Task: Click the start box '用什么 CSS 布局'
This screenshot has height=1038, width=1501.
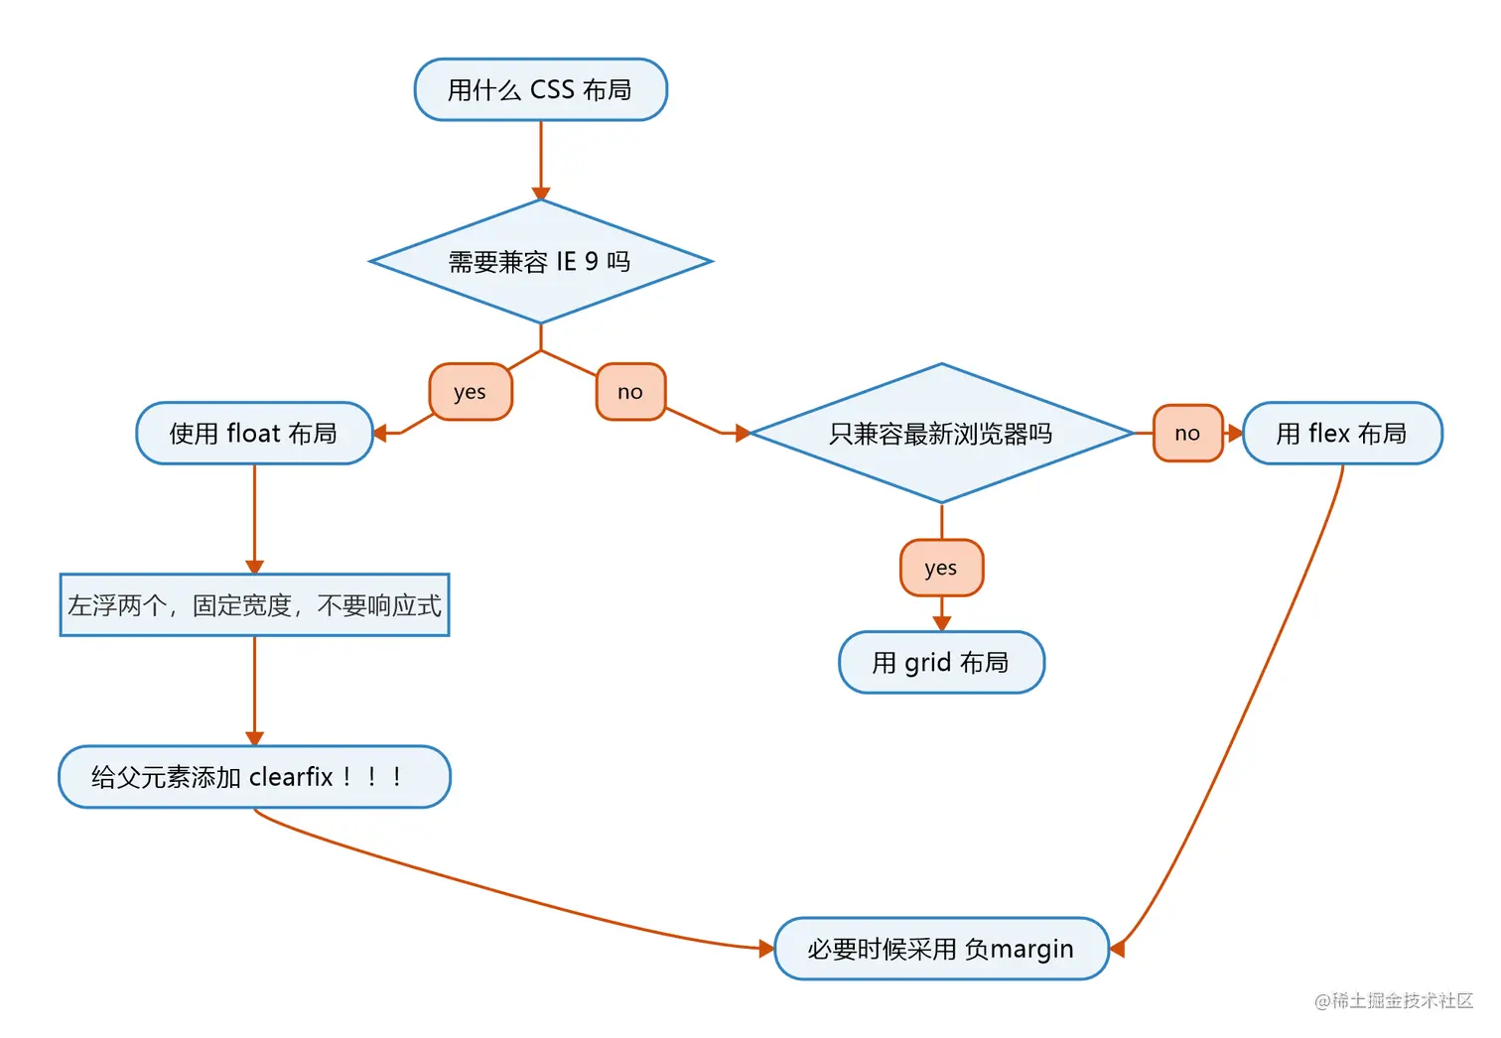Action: click(x=540, y=90)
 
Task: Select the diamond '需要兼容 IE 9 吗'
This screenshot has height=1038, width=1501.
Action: click(x=540, y=262)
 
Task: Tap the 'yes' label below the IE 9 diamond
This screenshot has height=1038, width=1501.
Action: click(x=471, y=392)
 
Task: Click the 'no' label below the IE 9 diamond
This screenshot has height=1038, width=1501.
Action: click(x=630, y=392)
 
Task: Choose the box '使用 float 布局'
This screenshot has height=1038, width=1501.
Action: click(x=254, y=434)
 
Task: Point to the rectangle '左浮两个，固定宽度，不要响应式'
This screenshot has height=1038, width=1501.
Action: click(x=254, y=605)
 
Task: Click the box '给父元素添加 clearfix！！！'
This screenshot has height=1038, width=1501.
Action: click(x=254, y=777)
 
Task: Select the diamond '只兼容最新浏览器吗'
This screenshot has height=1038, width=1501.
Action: click(x=941, y=434)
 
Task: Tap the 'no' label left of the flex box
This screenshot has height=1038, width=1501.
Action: click(x=1187, y=434)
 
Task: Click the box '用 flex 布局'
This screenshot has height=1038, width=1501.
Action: click(x=1342, y=434)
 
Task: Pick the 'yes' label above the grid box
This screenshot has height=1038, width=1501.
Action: click(x=941, y=569)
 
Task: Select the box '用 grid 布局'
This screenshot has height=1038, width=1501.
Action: click(x=941, y=663)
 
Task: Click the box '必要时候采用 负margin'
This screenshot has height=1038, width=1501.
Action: click(x=941, y=950)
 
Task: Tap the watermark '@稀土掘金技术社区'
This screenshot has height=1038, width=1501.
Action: click(x=1394, y=1001)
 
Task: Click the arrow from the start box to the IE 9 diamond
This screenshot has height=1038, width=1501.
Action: click(x=541, y=159)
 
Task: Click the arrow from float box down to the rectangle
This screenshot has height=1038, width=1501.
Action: click(x=255, y=516)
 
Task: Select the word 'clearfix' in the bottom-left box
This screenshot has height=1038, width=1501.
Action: click(x=291, y=777)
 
